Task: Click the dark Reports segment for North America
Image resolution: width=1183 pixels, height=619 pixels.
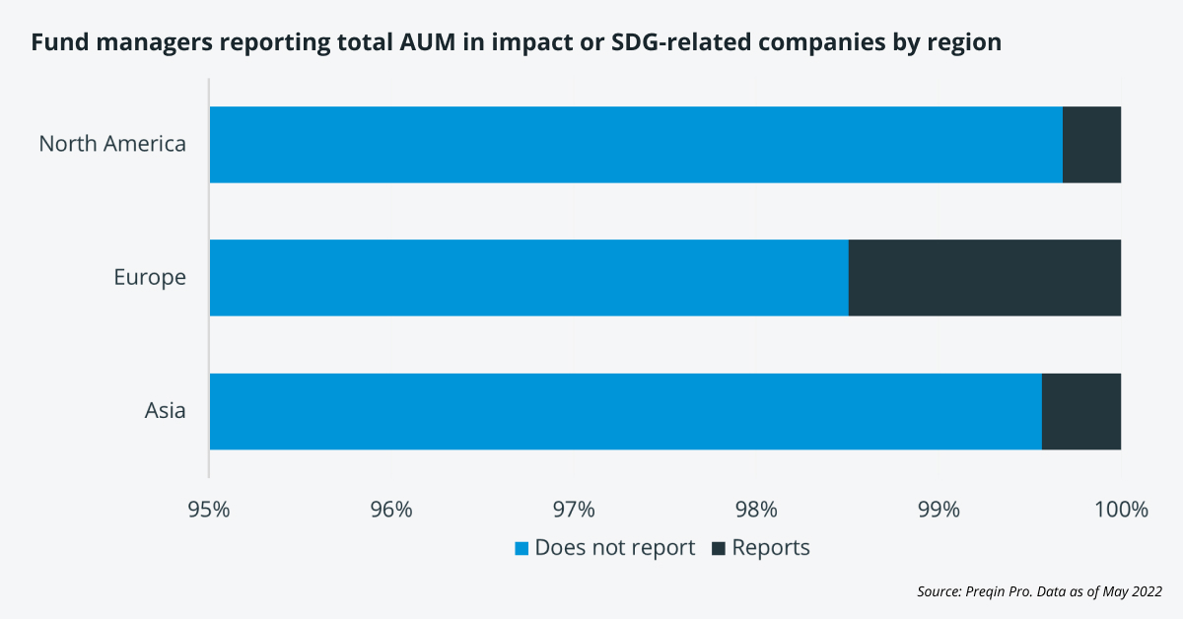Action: tap(1091, 144)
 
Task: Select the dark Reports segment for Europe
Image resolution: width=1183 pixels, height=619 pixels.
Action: tap(984, 277)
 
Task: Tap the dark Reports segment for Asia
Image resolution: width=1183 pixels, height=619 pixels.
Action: tap(1080, 411)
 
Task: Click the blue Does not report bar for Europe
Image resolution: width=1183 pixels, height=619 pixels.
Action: tap(528, 277)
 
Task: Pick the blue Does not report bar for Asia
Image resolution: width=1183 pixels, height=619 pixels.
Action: tap(625, 411)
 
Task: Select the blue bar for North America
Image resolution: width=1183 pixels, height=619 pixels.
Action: tap(636, 144)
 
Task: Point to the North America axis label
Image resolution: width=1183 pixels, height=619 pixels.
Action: tap(112, 144)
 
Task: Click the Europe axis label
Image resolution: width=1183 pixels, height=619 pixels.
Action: tap(149, 277)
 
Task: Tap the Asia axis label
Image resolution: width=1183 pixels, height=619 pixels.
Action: tap(165, 411)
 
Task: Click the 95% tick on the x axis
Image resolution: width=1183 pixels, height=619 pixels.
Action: tap(209, 510)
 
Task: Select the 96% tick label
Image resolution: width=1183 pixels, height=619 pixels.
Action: tap(391, 510)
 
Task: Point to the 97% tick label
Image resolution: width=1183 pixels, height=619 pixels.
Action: tap(574, 510)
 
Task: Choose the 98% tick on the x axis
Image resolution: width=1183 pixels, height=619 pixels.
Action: tap(756, 510)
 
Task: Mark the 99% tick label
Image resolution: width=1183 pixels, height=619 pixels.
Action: tap(939, 510)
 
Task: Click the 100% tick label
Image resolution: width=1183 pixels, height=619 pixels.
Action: tap(1121, 510)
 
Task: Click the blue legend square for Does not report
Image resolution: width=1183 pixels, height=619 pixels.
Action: tap(522, 548)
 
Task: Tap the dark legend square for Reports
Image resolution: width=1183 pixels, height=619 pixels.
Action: tap(718, 548)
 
